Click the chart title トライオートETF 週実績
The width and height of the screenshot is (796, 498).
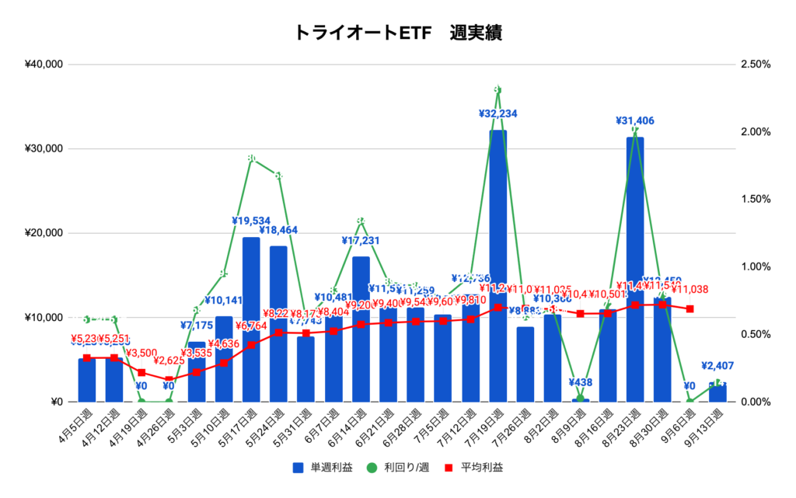point(398,33)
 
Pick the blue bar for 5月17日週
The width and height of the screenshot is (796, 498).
point(251,319)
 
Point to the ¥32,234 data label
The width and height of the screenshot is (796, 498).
point(498,114)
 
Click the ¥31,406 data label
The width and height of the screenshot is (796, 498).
point(635,120)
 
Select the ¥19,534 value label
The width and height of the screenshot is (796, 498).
point(251,221)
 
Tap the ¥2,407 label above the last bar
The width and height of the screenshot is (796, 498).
point(717,365)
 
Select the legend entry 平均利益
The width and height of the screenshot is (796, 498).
point(475,468)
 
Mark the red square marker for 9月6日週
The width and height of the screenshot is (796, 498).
point(690,309)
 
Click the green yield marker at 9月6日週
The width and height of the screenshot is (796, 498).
point(690,401)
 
